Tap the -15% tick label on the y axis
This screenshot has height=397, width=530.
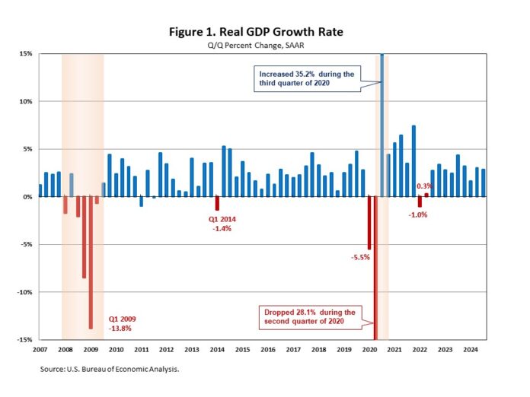24,340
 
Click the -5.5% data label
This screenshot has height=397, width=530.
359,258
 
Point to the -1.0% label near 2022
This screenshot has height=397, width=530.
418,214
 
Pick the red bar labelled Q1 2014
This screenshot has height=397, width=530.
217,203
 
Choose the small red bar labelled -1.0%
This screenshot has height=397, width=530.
420,202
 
